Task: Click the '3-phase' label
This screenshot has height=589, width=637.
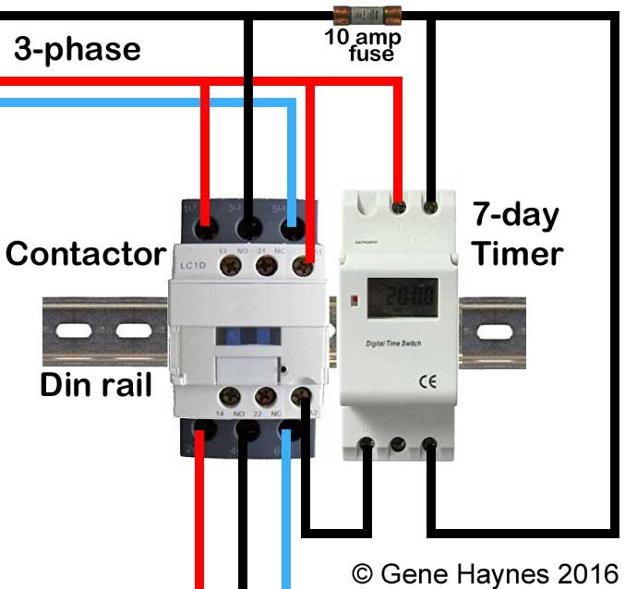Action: (x=78, y=48)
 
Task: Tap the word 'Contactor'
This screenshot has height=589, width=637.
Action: (x=85, y=253)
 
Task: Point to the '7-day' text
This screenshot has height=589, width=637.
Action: (x=515, y=216)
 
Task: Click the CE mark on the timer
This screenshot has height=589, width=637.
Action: (x=428, y=378)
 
